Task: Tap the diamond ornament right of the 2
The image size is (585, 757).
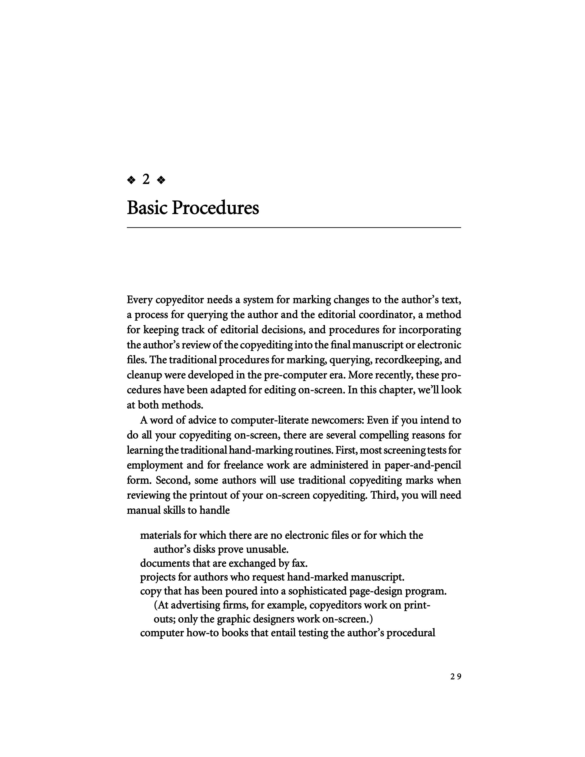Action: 161,180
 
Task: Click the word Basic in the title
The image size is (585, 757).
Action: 147,208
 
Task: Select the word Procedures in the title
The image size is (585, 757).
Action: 216,208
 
